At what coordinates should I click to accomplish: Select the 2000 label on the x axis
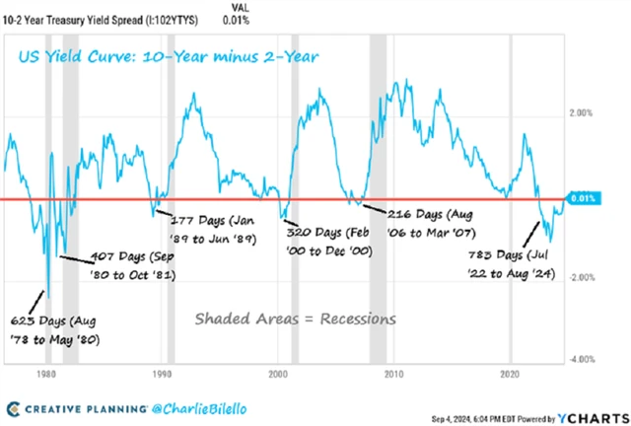278,376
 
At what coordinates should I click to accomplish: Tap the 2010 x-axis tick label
394,376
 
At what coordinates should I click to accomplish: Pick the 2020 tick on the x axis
511,376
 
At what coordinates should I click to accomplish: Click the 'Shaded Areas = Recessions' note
295,319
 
